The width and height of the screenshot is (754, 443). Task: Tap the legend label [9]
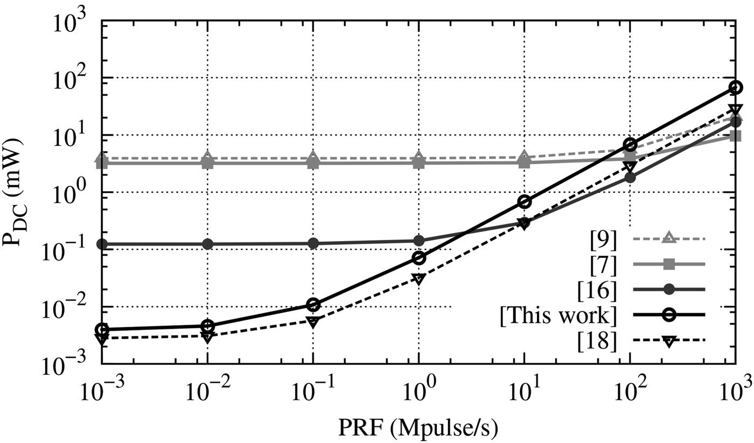(x=602, y=237)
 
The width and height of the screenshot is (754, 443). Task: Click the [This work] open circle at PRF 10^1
(x=525, y=201)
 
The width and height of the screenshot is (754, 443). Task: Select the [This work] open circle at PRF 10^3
(x=736, y=87)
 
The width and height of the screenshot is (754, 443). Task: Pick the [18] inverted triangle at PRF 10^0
(x=419, y=279)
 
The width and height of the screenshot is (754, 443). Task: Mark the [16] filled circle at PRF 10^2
(x=630, y=177)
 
